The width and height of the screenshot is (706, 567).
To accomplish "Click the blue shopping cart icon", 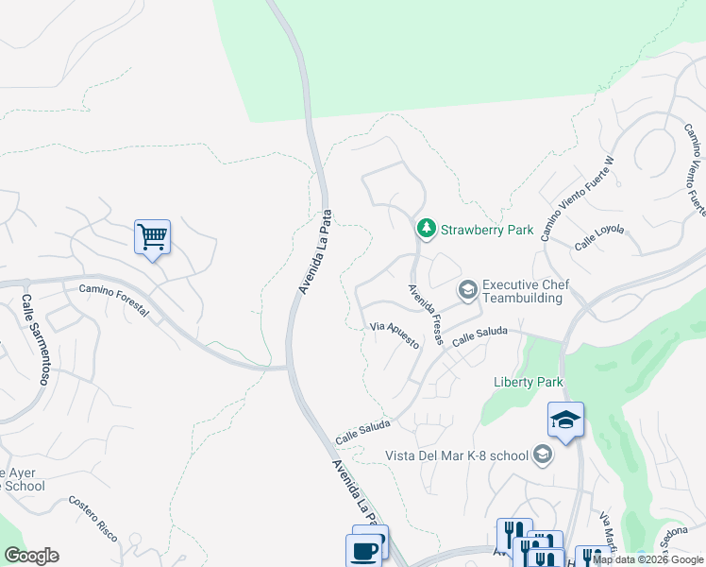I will [x=152, y=237].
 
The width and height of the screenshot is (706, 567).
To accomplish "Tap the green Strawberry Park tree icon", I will [x=427, y=229].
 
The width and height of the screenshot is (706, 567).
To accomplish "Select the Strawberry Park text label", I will [x=487, y=230].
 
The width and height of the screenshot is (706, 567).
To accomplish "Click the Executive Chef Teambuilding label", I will [x=522, y=291].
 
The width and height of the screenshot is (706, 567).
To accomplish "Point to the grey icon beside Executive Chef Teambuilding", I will [x=466, y=289].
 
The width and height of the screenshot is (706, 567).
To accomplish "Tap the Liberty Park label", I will [x=529, y=382].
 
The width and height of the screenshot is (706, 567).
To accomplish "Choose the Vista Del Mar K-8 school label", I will [x=456, y=455].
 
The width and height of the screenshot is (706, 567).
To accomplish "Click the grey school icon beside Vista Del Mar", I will [x=542, y=455].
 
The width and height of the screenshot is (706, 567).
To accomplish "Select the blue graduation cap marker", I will [x=565, y=421].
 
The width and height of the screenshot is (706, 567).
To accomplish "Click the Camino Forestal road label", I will [x=114, y=301].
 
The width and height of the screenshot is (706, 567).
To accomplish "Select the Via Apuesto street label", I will [x=395, y=334].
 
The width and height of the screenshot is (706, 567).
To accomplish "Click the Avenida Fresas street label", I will [x=426, y=316].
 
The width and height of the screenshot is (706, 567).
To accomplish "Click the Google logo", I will [x=31, y=556].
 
